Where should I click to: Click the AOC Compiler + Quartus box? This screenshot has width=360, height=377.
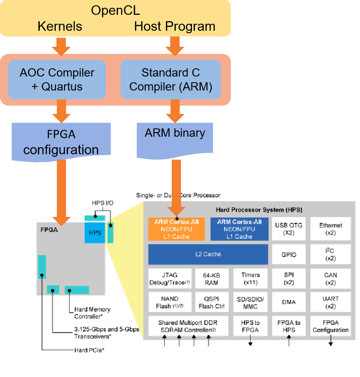click(x=57, y=80)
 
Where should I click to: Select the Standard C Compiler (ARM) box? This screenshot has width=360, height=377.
click(x=170, y=80)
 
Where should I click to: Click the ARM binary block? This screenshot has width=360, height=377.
click(x=174, y=133)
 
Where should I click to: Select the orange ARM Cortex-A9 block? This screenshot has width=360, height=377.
click(x=177, y=229)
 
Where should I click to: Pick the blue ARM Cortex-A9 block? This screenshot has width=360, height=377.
click(x=239, y=229)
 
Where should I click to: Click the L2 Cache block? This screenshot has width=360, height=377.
click(x=208, y=254)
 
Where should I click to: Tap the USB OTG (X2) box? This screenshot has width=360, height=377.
click(x=289, y=229)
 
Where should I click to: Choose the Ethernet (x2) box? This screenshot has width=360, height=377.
click(x=331, y=229)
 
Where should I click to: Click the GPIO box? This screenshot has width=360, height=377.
click(x=289, y=254)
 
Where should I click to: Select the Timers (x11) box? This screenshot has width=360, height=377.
click(x=251, y=278)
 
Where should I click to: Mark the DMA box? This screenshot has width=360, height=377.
click(x=289, y=302)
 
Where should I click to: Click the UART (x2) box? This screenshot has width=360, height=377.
click(x=331, y=302)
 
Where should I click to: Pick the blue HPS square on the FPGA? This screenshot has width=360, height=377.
click(x=95, y=232)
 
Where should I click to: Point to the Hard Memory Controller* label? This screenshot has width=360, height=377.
click(x=92, y=313)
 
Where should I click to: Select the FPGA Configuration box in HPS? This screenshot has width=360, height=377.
click(x=331, y=326)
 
